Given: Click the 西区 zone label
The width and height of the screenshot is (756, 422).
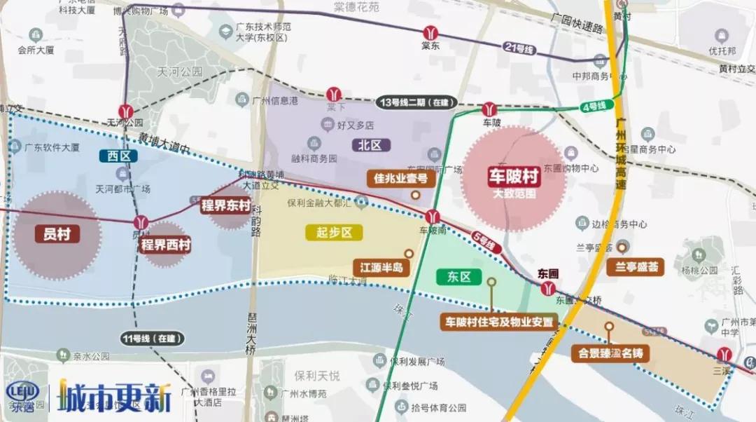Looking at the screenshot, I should tap(118, 156).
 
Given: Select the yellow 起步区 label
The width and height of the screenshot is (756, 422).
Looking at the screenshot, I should tap(333, 233).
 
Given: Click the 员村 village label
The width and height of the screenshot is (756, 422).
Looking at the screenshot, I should tap(57, 233).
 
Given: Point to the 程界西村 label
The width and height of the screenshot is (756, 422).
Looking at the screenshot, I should tap(166, 245).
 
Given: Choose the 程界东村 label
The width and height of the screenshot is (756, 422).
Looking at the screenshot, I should tap(225, 205).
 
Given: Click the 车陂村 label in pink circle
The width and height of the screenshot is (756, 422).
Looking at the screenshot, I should tap(514, 177).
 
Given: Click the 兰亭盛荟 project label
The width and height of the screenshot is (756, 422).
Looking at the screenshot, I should tap(637, 266).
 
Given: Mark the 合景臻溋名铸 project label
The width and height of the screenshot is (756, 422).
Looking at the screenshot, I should tap(610, 353).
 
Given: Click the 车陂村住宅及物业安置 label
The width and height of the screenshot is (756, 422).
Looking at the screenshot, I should tap(500, 322).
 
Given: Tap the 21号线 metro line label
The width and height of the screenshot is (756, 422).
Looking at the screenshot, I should tap(519, 48).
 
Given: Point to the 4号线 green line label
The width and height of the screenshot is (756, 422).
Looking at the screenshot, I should tap(592, 107).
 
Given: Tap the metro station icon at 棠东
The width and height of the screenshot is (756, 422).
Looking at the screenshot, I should tap(430, 33).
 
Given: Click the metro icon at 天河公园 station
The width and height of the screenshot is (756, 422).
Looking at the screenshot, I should tap(126, 111).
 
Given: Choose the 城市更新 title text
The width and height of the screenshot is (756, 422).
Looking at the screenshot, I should tap(115, 397).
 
